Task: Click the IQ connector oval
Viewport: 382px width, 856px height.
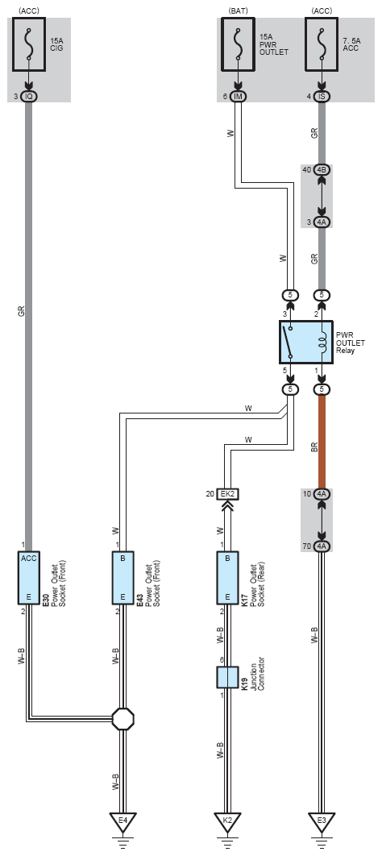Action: tap(30, 97)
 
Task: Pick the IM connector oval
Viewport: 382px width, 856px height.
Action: tap(238, 97)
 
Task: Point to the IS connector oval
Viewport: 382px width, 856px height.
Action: tap(322, 97)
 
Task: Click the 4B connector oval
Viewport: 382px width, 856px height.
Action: tap(322, 170)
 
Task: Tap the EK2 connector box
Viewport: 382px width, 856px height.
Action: tap(228, 495)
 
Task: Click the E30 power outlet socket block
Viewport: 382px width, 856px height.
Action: tap(30, 578)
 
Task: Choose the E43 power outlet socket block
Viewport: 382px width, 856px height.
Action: tap(123, 578)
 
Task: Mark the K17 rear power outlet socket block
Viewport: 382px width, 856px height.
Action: tap(228, 578)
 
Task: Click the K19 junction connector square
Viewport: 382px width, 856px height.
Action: tap(228, 677)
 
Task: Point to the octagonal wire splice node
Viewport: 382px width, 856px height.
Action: tap(123, 718)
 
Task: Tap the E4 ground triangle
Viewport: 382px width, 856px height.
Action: tap(123, 823)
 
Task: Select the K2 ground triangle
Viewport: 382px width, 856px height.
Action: tap(228, 823)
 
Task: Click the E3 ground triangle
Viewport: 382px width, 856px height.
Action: tap(322, 823)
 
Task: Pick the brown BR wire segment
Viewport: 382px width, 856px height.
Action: tap(322, 442)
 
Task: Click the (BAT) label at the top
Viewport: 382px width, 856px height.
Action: tap(238, 11)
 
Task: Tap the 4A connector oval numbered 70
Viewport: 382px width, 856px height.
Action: tap(322, 546)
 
